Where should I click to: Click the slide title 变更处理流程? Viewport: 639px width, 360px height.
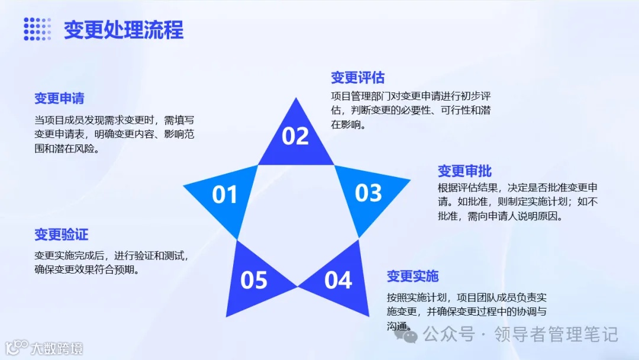point(124,30)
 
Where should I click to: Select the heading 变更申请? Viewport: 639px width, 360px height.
point(59,98)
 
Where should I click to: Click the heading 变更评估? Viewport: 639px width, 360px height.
point(357,78)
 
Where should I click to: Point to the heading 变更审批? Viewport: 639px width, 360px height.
point(464,171)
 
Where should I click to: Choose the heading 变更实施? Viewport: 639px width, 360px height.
point(412,276)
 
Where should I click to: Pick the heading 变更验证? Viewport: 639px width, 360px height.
point(61,234)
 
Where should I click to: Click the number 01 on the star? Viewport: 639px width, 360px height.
point(224,195)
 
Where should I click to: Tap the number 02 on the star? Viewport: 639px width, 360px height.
point(295,136)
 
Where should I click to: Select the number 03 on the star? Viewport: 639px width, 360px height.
point(368,193)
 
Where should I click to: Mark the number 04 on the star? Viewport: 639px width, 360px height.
point(338,280)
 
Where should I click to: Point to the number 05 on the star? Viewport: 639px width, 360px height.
point(254,280)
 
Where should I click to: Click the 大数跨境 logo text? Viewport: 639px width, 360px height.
point(57,348)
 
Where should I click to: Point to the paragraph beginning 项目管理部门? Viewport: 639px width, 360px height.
point(411,110)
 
